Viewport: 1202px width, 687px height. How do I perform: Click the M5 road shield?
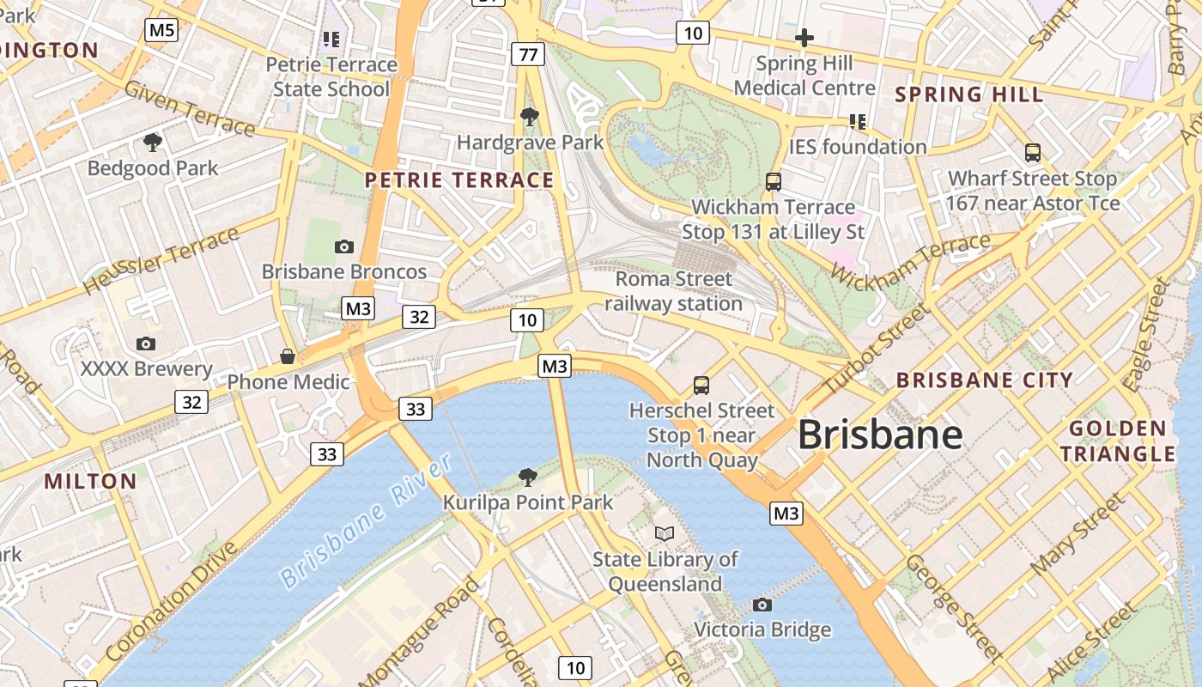(x=161, y=31)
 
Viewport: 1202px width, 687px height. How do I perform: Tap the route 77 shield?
(x=528, y=55)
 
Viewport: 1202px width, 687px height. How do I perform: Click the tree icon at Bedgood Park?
(x=153, y=142)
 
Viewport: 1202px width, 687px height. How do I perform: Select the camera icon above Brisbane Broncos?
(x=344, y=246)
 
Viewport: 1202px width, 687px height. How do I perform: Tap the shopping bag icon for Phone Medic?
(x=288, y=356)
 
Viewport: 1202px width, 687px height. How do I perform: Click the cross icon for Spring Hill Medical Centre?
(x=804, y=38)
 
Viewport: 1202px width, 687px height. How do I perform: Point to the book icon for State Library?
(x=665, y=533)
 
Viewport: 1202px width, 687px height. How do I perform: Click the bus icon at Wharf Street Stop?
(x=1033, y=153)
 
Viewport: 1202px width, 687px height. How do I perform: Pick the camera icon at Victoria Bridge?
(x=762, y=605)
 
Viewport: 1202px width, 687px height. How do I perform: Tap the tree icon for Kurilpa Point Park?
(x=528, y=477)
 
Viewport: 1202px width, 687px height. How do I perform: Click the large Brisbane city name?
(x=880, y=435)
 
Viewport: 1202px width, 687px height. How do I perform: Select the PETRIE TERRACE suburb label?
(x=459, y=180)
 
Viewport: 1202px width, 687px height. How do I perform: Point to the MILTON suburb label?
(x=91, y=481)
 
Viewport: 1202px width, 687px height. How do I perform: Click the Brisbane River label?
(x=367, y=521)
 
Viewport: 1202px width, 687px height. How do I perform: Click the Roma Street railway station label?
(x=674, y=291)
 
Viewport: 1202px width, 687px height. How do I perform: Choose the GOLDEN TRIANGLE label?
(x=1117, y=441)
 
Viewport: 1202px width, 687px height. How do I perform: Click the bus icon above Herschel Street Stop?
(x=701, y=385)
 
